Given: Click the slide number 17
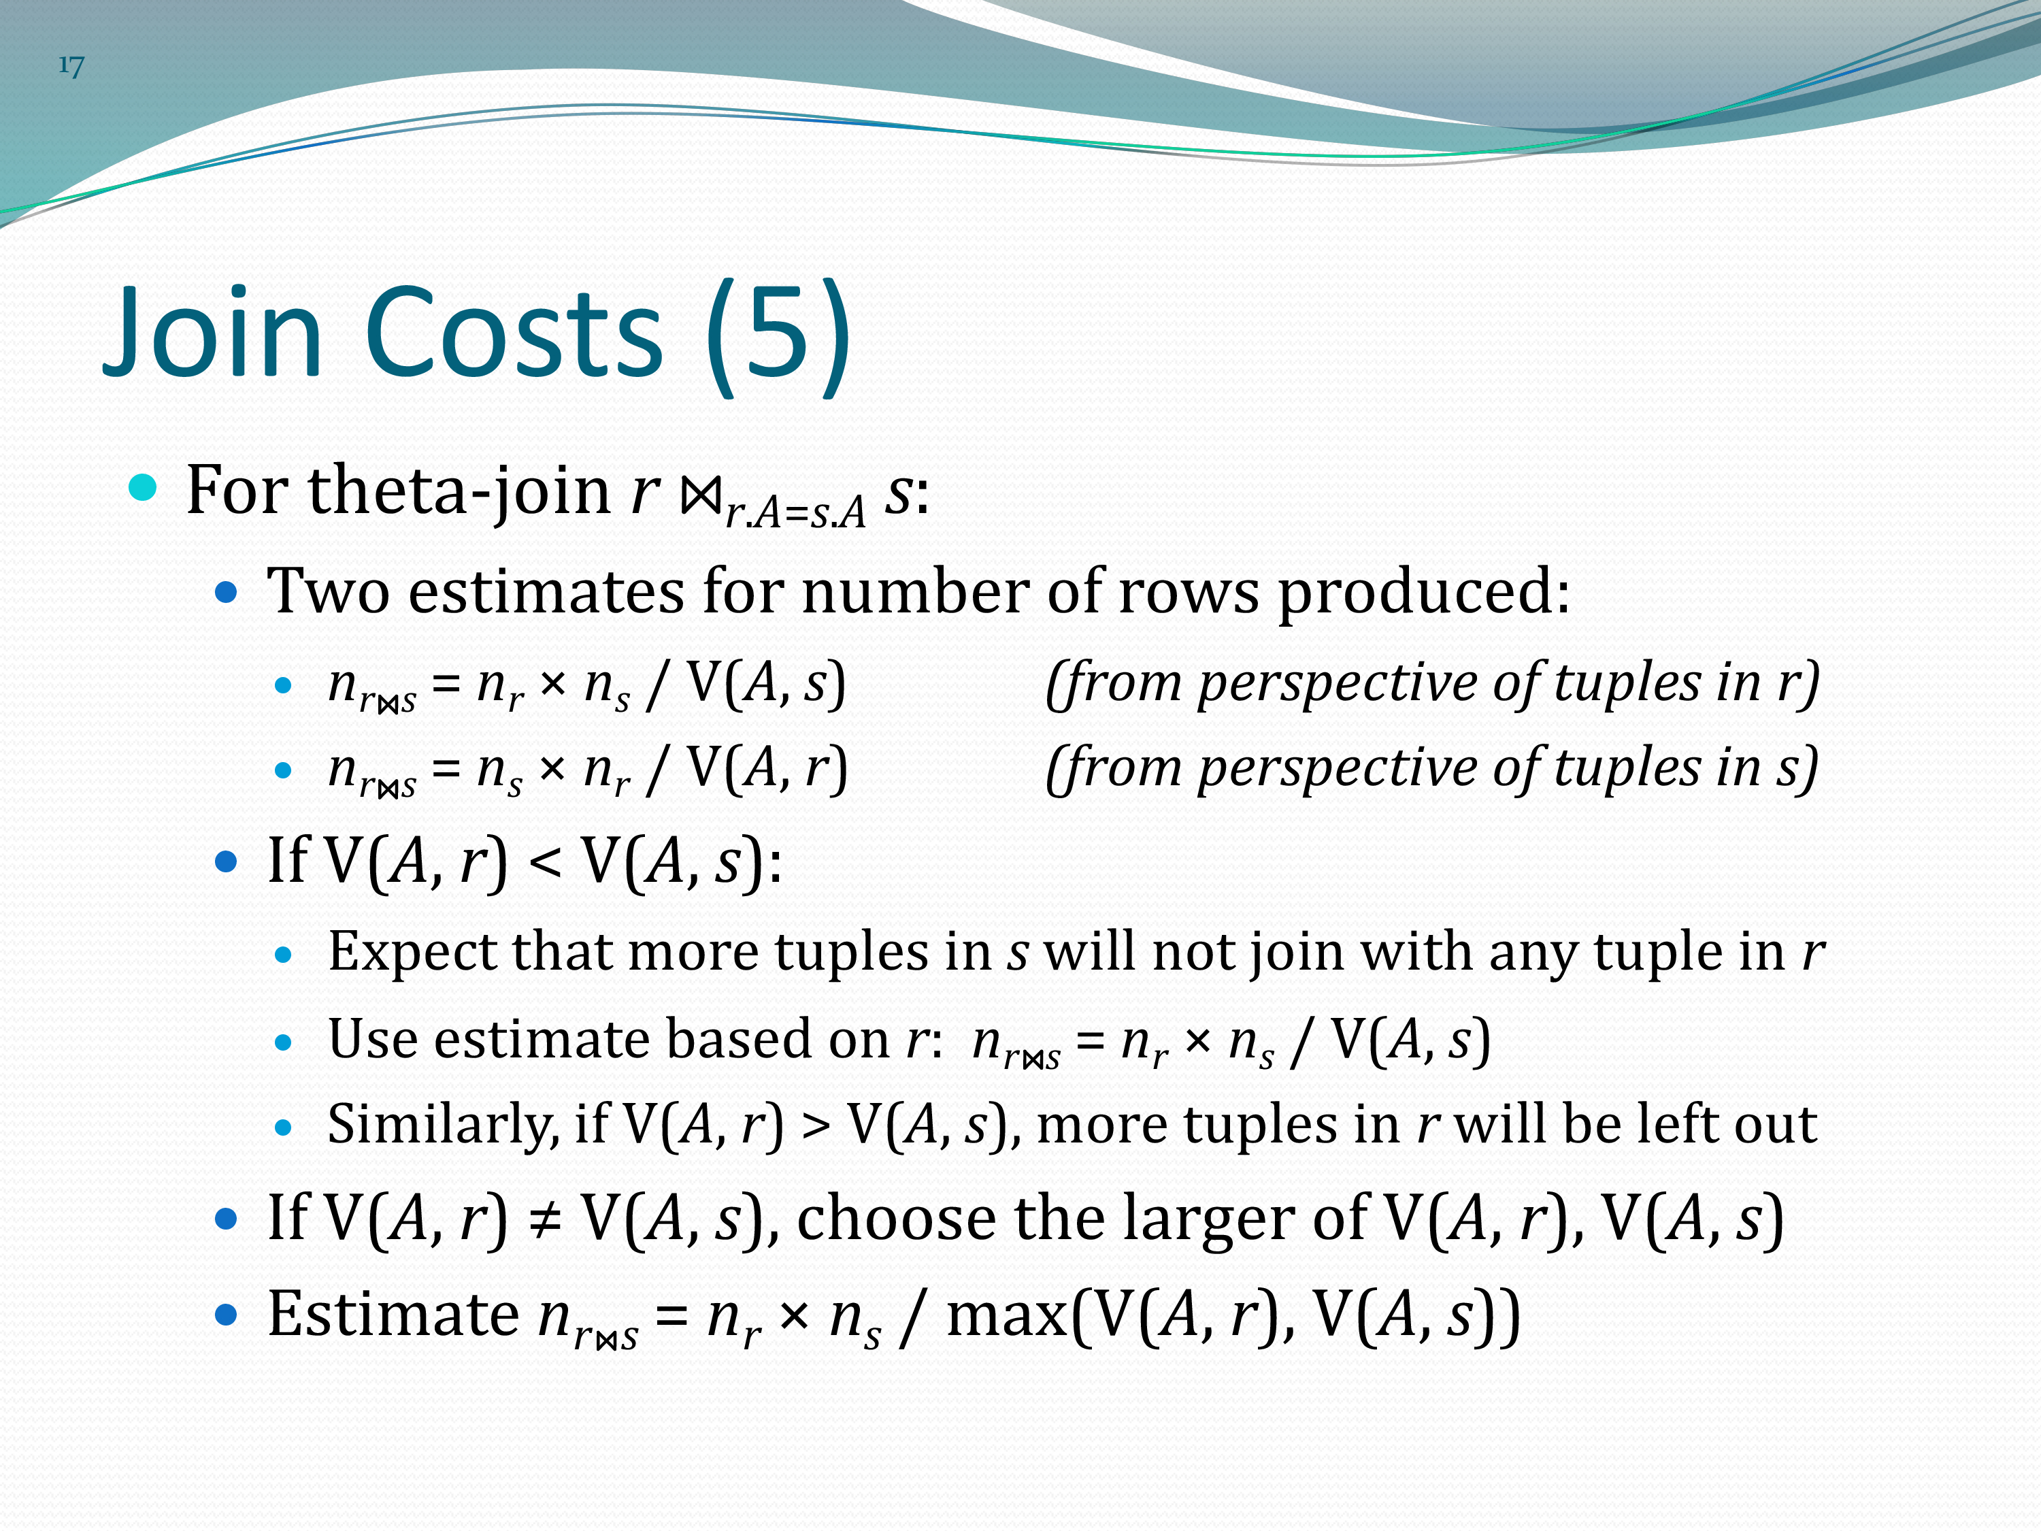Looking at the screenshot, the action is click(71, 65).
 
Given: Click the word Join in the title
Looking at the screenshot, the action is click(213, 332).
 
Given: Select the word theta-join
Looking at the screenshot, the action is click(459, 492).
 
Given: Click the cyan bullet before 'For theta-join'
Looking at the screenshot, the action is click(143, 487).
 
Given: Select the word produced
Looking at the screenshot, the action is click(1423, 593).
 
